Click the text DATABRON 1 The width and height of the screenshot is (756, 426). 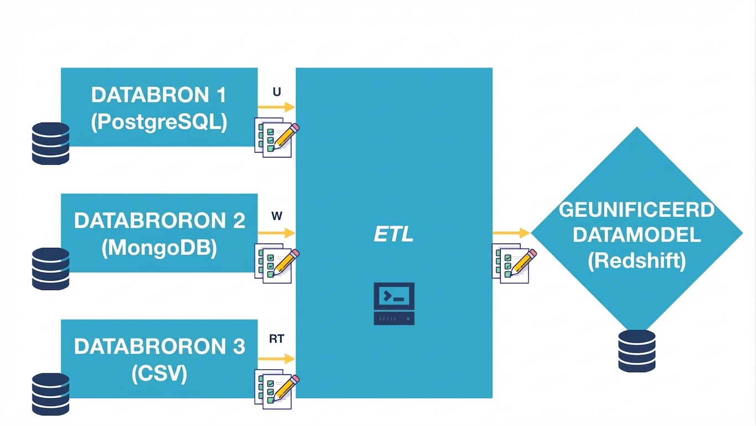click(158, 95)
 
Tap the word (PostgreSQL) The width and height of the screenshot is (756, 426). click(158, 122)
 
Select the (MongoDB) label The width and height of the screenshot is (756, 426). click(159, 247)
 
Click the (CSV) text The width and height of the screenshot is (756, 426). click(159, 373)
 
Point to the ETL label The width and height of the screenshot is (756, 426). click(393, 234)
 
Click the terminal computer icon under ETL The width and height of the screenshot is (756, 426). click(394, 303)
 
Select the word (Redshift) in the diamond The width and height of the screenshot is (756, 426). click(636, 260)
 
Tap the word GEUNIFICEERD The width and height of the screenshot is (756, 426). click(636, 210)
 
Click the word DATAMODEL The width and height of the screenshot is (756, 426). click(636, 235)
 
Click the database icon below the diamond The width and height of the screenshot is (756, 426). click(636, 351)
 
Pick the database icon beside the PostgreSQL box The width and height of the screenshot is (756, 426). click(50, 143)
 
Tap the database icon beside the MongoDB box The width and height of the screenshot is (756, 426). click(50, 268)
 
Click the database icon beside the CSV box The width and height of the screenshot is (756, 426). click(50, 394)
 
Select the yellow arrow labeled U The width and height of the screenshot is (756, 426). click(276, 107)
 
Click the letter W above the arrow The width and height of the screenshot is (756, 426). click(276, 216)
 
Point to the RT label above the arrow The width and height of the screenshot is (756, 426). click(276, 339)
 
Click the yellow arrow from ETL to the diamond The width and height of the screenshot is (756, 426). click(511, 233)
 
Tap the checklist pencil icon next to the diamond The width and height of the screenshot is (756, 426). click(513, 264)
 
